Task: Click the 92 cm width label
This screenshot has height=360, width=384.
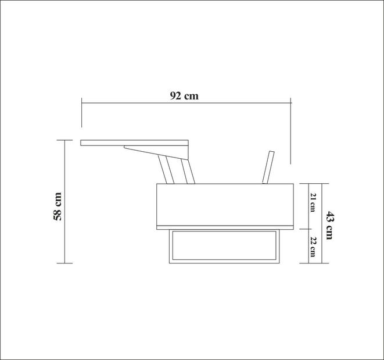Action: [184, 96]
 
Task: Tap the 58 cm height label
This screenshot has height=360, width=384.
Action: [58, 206]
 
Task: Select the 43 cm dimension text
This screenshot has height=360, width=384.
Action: [329, 225]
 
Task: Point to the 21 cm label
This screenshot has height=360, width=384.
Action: [313, 202]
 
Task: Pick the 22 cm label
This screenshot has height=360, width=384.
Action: [313, 247]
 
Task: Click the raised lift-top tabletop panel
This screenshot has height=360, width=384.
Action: [134, 142]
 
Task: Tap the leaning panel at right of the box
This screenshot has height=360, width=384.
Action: [268, 167]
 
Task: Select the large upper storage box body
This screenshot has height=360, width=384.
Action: [225, 204]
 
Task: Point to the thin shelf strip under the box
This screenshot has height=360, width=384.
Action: [225, 227]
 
